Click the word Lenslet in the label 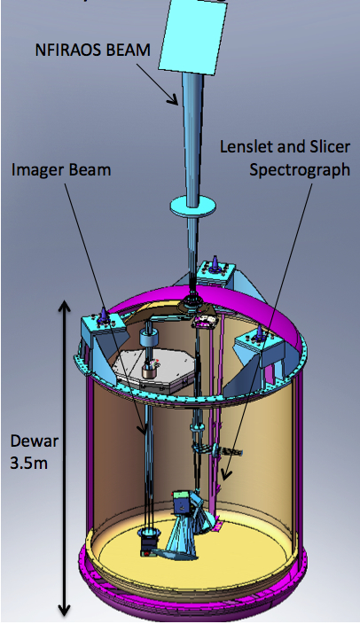246,146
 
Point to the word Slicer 329,146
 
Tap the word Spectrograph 300,170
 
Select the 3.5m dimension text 28,464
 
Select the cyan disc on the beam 193,207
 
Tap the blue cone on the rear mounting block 215,262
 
